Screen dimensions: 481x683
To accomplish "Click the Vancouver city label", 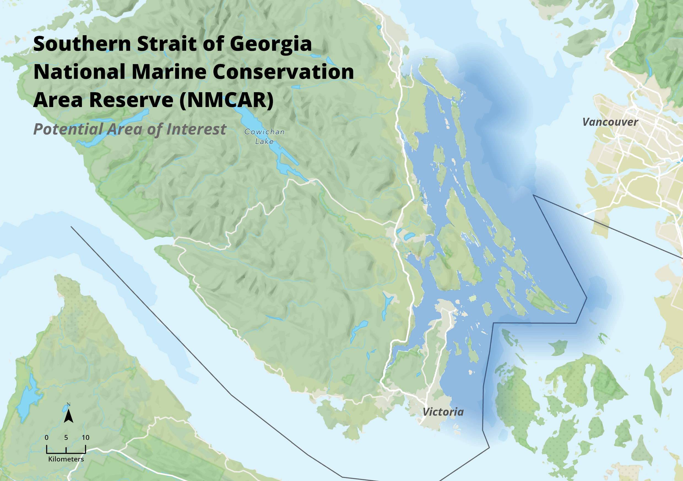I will click(610, 122).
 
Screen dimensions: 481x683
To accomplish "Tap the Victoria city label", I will click(443, 412).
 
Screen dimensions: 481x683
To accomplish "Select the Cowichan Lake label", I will click(264, 136).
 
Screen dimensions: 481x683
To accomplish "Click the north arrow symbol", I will click(68, 415).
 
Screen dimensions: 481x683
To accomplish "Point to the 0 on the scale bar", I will click(47, 437).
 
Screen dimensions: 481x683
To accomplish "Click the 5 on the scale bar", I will click(66, 437).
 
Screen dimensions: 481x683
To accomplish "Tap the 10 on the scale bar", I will click(86, 437).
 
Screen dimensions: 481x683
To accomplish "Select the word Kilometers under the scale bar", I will click(66, 459).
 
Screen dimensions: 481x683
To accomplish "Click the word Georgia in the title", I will click(270, 44).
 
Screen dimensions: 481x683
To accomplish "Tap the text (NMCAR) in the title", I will click(226, 100).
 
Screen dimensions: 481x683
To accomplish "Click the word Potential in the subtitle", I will click(68, 129).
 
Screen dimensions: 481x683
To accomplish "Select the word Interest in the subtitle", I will click(196, 129).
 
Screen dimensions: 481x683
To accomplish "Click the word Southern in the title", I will click(82, 43).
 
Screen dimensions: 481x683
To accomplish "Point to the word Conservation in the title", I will click(283, 72).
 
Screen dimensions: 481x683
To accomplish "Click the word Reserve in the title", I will click(131, 100).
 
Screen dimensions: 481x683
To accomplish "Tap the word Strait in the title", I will click(167, 43).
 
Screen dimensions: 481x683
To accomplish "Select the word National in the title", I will click(79, 72).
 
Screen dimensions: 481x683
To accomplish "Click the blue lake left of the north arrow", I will click(28, 398).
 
